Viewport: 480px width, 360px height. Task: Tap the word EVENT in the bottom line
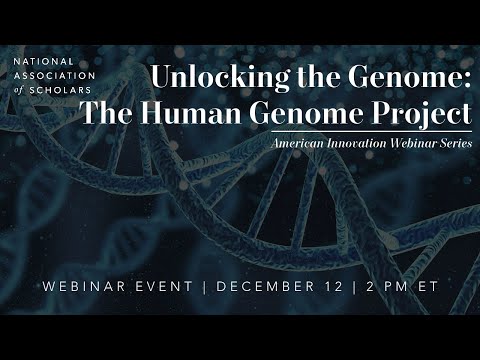pos(167,288)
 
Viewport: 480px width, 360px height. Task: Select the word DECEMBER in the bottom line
pos(266,288)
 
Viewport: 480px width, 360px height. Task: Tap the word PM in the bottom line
pos(402,288)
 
